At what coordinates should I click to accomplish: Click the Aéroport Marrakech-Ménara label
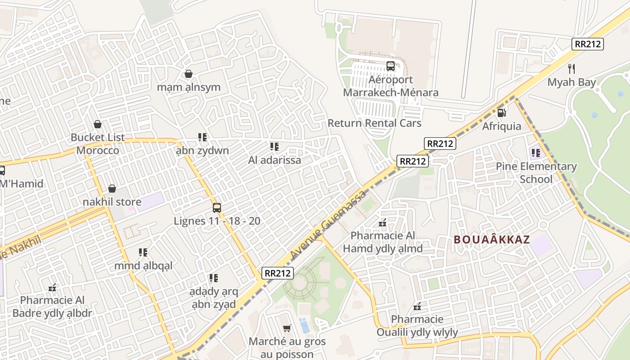click(x=391, y=86)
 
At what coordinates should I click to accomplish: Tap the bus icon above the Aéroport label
click(x=391, y=66)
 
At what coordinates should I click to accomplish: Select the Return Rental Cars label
click(x=374, y=123)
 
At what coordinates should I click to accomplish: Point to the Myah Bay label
click(x=571, y=82)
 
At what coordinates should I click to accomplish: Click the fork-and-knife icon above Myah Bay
click(x=571, y=69)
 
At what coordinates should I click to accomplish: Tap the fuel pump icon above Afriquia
click(x=502, y=112)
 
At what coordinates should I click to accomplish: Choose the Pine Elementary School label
click(x=536, y=173)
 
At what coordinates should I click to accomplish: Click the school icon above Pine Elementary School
click(x=536, y=153)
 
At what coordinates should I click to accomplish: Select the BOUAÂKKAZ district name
click(x=492, y=239)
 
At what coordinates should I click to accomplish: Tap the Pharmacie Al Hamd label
click(x=383, y=242)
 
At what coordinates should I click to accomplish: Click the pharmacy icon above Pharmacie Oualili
click(x=417, y=306)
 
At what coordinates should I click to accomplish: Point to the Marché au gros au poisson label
click(x=287, y=348)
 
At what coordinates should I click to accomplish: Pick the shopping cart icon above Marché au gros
click(x=287, y=328)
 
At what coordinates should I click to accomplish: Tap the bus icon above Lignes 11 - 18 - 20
click(x=217, y=208)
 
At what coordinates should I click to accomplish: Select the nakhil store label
click(x=112, y=202)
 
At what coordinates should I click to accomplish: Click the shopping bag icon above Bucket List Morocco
click(x=98, y=124)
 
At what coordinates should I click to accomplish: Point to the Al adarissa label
click(x=274, y=160)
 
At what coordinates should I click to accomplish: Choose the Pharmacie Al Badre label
click(x=52, y=306)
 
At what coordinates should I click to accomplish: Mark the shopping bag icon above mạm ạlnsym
click(x=189, y=74)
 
